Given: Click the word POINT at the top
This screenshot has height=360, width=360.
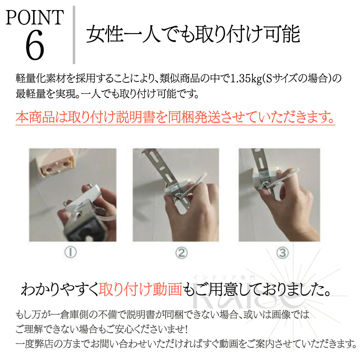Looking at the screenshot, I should click(35, 17).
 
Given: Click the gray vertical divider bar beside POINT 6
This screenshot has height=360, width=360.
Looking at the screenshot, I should click(74, 35).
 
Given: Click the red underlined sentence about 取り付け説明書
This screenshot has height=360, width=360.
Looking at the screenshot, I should click(175, 117).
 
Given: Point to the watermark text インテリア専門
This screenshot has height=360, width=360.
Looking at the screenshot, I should click(224, 278).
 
